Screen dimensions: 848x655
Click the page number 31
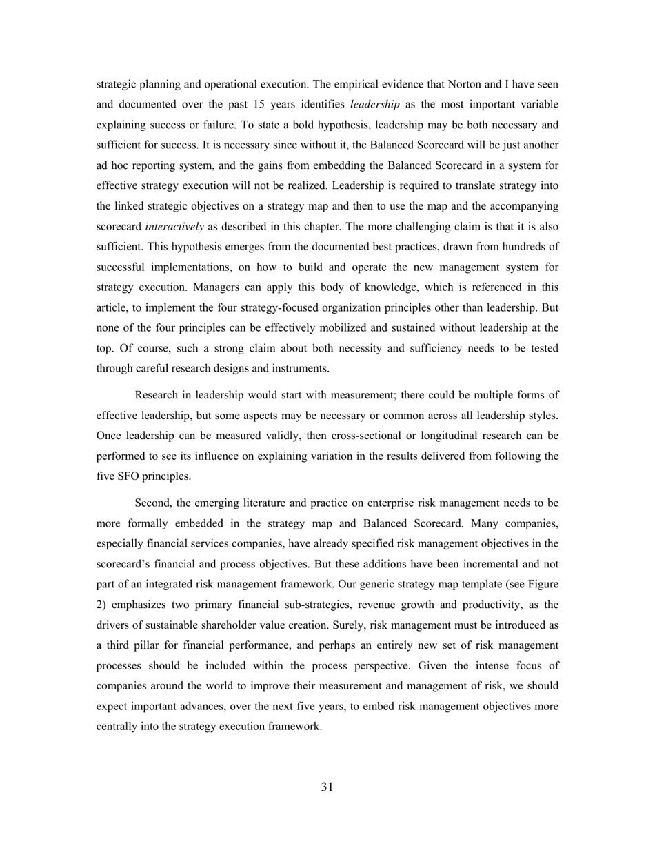coord(327,787)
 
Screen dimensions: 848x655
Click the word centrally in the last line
coord(118,726)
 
